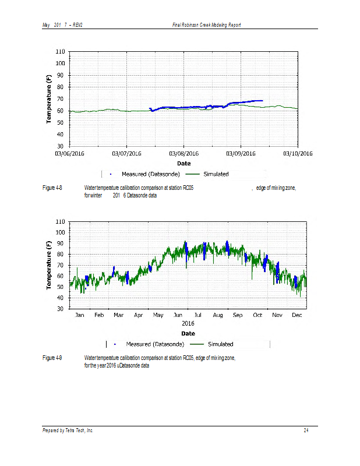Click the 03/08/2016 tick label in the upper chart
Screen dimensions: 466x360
tap(183, 154)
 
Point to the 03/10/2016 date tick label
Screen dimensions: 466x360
tap(298, 154)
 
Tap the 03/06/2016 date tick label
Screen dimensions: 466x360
tap(70, 154)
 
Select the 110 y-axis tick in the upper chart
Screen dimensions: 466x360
tap(59, 52)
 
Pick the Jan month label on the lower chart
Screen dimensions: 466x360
tap(80, 315)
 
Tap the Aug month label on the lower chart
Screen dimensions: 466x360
tap(218, 315)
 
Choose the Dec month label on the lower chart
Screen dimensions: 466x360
tap(297, 315)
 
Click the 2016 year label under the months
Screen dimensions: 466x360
tap(188, 323)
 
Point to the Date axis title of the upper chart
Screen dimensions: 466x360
tap(183, 164)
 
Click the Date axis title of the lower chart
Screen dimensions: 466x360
tap(188, 333)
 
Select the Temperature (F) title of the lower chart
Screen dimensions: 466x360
tap(50, 266)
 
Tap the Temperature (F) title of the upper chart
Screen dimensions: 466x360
tap(50, 100)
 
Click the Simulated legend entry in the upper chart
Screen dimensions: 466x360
tap(216, 174)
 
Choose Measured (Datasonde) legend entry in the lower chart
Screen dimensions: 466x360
tap(153, 344)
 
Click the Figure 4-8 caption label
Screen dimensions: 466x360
tap(53, 188)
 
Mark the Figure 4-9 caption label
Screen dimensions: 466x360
tap(53, 358)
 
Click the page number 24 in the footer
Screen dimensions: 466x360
tap(306, 430)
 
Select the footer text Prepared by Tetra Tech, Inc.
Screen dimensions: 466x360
tap(68, 430)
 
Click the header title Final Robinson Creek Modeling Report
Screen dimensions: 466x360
tap(207, 24)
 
